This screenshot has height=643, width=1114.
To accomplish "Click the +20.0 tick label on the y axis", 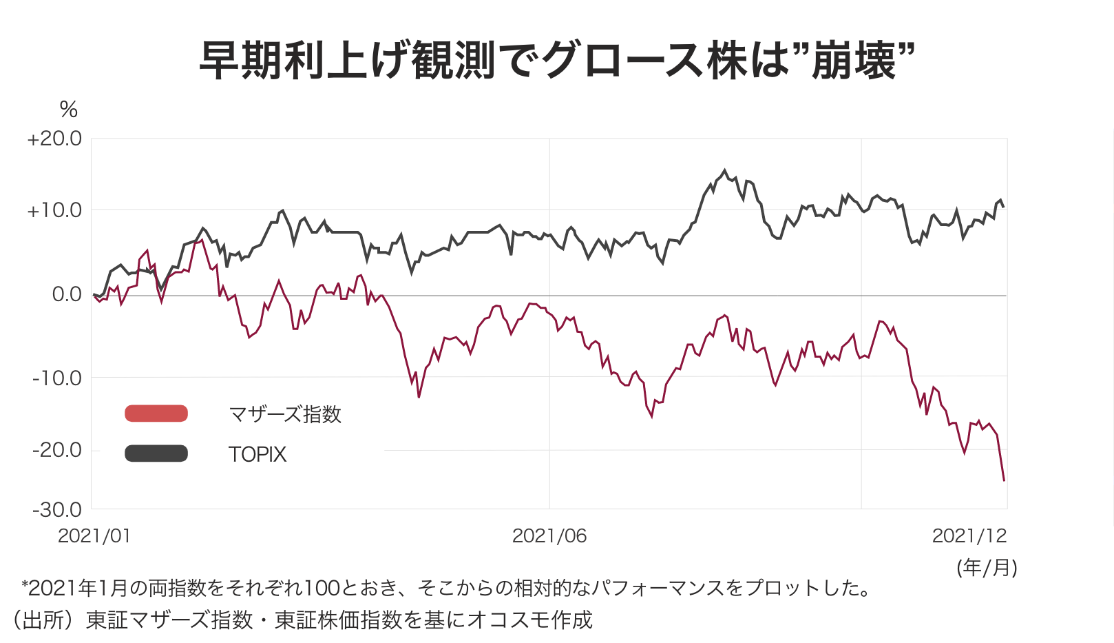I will point(54,139).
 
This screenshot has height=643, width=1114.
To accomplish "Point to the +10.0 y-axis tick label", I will point(54,211).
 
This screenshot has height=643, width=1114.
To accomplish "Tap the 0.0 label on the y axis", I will point(67,295).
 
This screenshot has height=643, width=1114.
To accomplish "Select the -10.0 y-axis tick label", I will point(57,378).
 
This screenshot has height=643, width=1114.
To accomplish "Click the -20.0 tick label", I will point(57,450).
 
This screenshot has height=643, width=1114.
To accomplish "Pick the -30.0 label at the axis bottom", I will point(57,510).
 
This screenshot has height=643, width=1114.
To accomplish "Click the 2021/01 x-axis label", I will point(94,536).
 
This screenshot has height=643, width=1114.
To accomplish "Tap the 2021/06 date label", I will point(549,536).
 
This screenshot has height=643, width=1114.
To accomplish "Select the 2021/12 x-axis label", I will point(969,536).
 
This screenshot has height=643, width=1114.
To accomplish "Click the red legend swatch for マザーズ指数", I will point(156,414).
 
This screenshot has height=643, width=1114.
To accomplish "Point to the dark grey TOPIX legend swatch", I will point(156,453).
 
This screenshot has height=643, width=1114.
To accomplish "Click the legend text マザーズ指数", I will point(285,414).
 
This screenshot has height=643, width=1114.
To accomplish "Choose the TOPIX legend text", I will point(258,454).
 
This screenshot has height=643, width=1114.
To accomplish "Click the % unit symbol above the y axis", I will point(69,109).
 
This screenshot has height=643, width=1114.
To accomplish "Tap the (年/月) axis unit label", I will point(987,568).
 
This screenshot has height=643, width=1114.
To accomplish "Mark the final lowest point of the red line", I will point(1004,480).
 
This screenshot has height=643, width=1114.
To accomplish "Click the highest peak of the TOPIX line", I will point(724,170).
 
